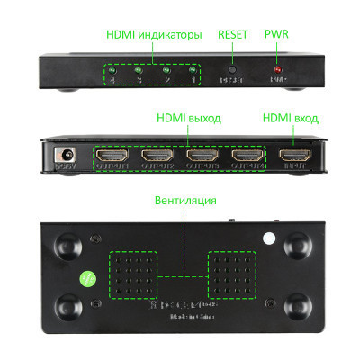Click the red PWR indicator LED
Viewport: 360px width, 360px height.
tap(278, 69)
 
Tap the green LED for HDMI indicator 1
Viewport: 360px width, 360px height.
tap(193, 70)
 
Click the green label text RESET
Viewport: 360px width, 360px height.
tap(232, 35)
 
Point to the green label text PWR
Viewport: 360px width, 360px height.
tap(277, 35)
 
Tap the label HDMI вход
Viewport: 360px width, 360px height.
tap(290, 118)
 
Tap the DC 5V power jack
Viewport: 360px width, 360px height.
tap(65, 155)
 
